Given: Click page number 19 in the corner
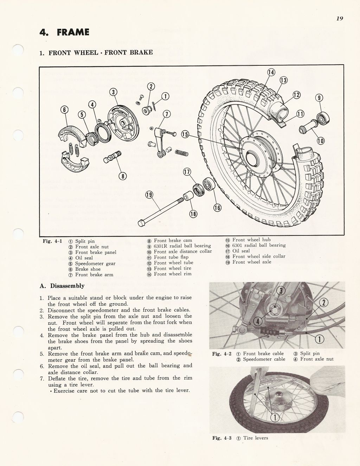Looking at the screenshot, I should pos(339,19).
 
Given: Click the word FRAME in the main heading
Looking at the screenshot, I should pos(73,32).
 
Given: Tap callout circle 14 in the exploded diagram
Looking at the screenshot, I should pos(271,73).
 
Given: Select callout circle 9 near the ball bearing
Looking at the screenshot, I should pos(319,98).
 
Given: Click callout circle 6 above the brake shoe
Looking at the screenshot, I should pos(64,109).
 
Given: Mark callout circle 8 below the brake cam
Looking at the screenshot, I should pos(122,176).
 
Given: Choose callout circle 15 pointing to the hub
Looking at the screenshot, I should pos(185,135).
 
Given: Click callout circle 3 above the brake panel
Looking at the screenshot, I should pos(113,92).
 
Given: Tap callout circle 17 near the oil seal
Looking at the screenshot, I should pos(187,172).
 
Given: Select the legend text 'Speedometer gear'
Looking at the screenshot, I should pos(95,264).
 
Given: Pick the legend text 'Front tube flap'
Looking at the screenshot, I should pos(171,257).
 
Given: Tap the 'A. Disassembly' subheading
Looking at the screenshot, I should pos(62,286).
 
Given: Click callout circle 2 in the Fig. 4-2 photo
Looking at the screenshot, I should pos(323,303).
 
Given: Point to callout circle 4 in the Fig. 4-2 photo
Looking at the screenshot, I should pos(257,321).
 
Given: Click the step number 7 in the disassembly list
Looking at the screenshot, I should pos(41,378).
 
